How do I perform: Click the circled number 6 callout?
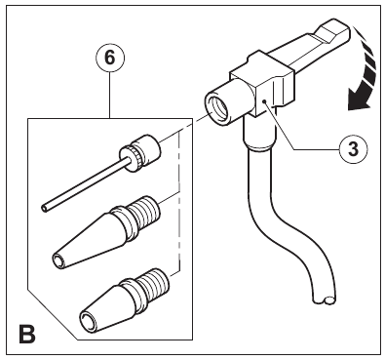pos(110,58)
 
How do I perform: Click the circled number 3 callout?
pos(354,149)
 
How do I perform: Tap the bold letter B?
pos(27,334)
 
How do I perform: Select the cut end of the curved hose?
pos(326,300)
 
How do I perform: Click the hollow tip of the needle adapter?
pos(44,208)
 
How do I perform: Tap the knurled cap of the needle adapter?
pos(140,151)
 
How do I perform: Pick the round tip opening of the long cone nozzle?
pos(58,261)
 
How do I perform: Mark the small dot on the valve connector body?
pos(265,101)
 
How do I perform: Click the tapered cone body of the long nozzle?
pos(88,238)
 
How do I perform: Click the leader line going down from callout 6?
pos(110,96)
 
